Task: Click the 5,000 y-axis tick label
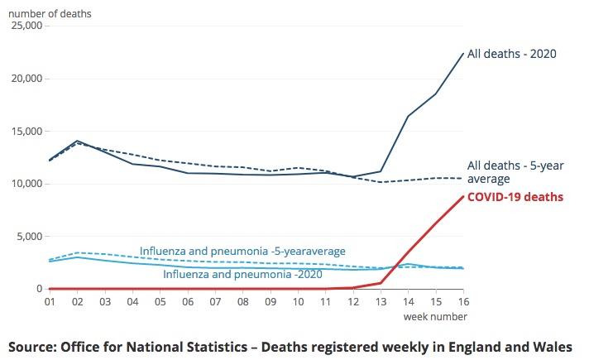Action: tap(30, 236)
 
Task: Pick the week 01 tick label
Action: tap(50, 304)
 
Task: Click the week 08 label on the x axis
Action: tap(242, 304)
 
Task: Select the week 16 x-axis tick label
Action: tap(462, 304)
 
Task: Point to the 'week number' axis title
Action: tap(435, 317)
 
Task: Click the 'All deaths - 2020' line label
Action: tap(511, 54)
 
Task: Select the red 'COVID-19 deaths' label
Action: tap(515, 198)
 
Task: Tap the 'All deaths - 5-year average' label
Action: tap(515, 172)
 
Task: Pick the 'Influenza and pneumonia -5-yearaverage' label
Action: tap(242, 251)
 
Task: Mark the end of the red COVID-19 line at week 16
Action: tap(462, 196)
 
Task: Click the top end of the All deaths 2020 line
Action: tap(462, 54)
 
